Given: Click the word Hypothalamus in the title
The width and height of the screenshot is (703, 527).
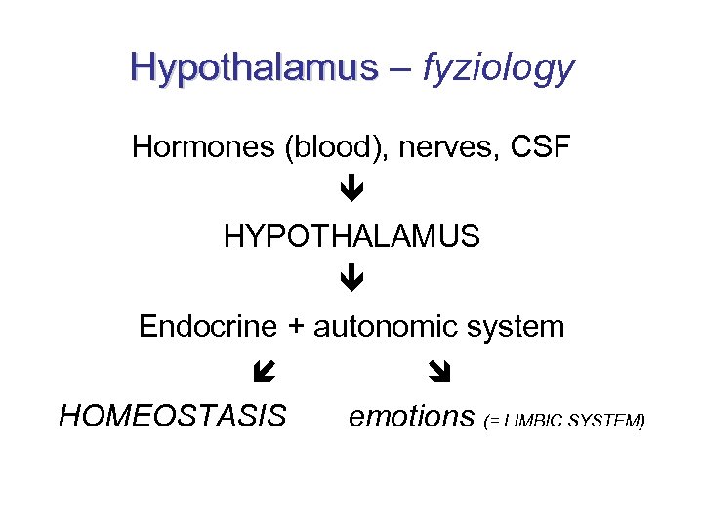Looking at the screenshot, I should (253, 67).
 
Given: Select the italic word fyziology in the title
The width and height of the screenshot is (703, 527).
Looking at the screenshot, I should (498, 67).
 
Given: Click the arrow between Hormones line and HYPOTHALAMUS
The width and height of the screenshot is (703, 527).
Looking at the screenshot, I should (352, 191).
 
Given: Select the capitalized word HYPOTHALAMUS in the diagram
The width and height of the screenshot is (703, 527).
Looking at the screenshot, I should (351, 237).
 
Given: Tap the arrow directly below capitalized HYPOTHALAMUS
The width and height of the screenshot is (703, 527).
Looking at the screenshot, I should (352, 281).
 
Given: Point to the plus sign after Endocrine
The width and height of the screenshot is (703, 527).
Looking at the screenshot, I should (296, 327).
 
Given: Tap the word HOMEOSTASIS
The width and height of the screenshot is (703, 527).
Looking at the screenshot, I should (173, 417).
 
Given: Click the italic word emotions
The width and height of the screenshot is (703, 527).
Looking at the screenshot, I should (411, 417).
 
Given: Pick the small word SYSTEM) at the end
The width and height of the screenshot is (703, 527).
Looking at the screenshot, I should (609, 421).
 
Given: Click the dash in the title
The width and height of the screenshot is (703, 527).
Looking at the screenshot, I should (398, 68).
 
